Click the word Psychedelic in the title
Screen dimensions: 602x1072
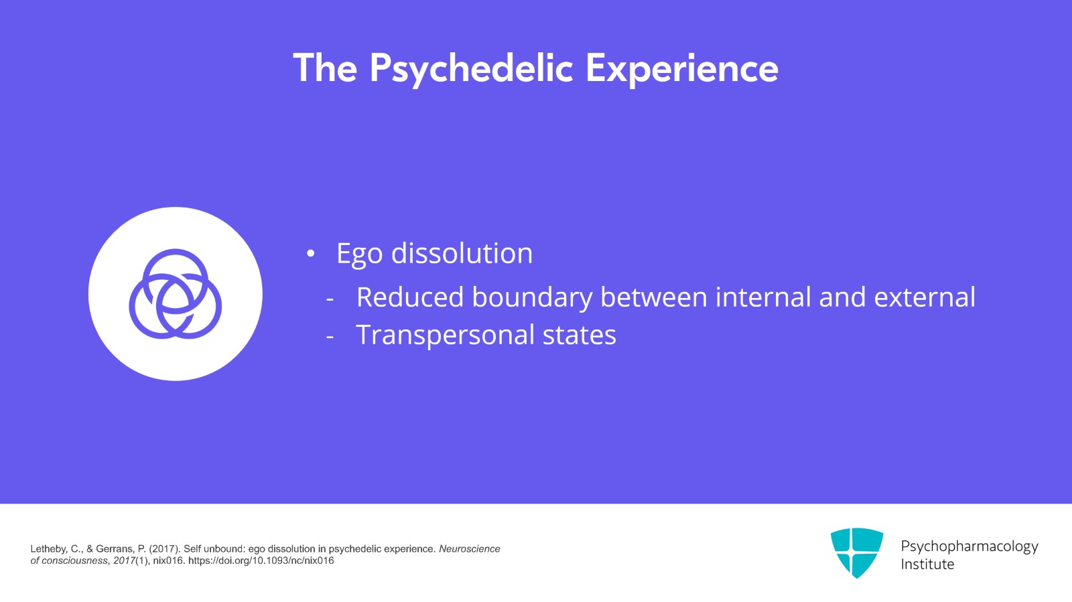click(x=471, y=69)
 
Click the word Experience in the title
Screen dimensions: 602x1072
click(x=681, y=69)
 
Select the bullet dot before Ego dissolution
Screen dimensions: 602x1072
click(x=310, y=254)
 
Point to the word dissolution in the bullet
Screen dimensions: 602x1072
click(x=462, y=253)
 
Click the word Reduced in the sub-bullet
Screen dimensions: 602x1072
click(x=409, y=297)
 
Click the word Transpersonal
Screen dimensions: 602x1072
click(x=445, y=335)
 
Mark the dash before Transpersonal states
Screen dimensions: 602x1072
click(x=330, y=337)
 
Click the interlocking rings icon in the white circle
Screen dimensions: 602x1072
click(x=175, y=294)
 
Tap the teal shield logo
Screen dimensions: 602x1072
click(x=856, y=552)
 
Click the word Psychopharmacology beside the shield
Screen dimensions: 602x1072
click(x=969, y=546)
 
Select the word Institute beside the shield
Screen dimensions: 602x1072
click(x=927, y=564)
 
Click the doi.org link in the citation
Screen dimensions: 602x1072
click(x=261, y=560)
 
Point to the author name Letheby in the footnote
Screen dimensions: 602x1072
click(x=48, y=548)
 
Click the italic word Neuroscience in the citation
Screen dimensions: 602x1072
click(x=469, y=548)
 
